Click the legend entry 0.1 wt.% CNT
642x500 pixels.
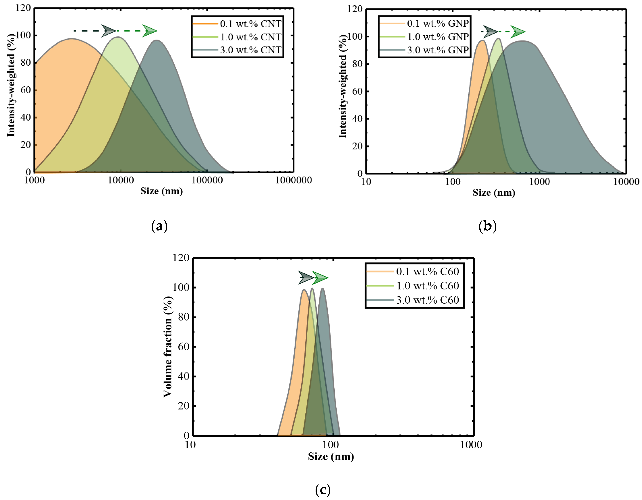click(250, 24)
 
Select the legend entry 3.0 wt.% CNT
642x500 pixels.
click(250, 50)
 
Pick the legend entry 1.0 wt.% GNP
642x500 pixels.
click(438, 37)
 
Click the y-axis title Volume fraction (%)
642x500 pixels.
click(168, 347)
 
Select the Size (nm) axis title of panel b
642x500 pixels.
click(494, 193)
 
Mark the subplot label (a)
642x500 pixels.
click(159, 226)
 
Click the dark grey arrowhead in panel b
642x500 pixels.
click(490, 32)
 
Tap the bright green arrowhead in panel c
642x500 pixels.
click(320, 278)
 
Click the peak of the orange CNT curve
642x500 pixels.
click(72, 38)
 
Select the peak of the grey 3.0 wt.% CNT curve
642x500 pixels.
click(156, 40)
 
